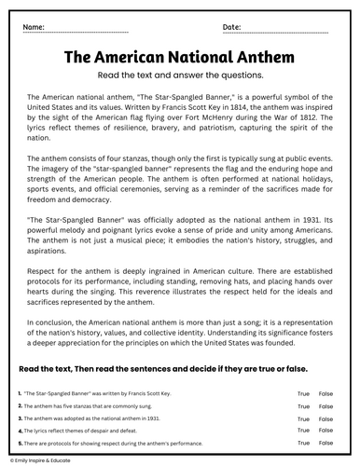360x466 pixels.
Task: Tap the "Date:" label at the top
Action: (233, 29)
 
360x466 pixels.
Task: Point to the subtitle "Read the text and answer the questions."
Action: (180, 76)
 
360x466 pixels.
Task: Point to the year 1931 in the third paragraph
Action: (305, 222)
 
